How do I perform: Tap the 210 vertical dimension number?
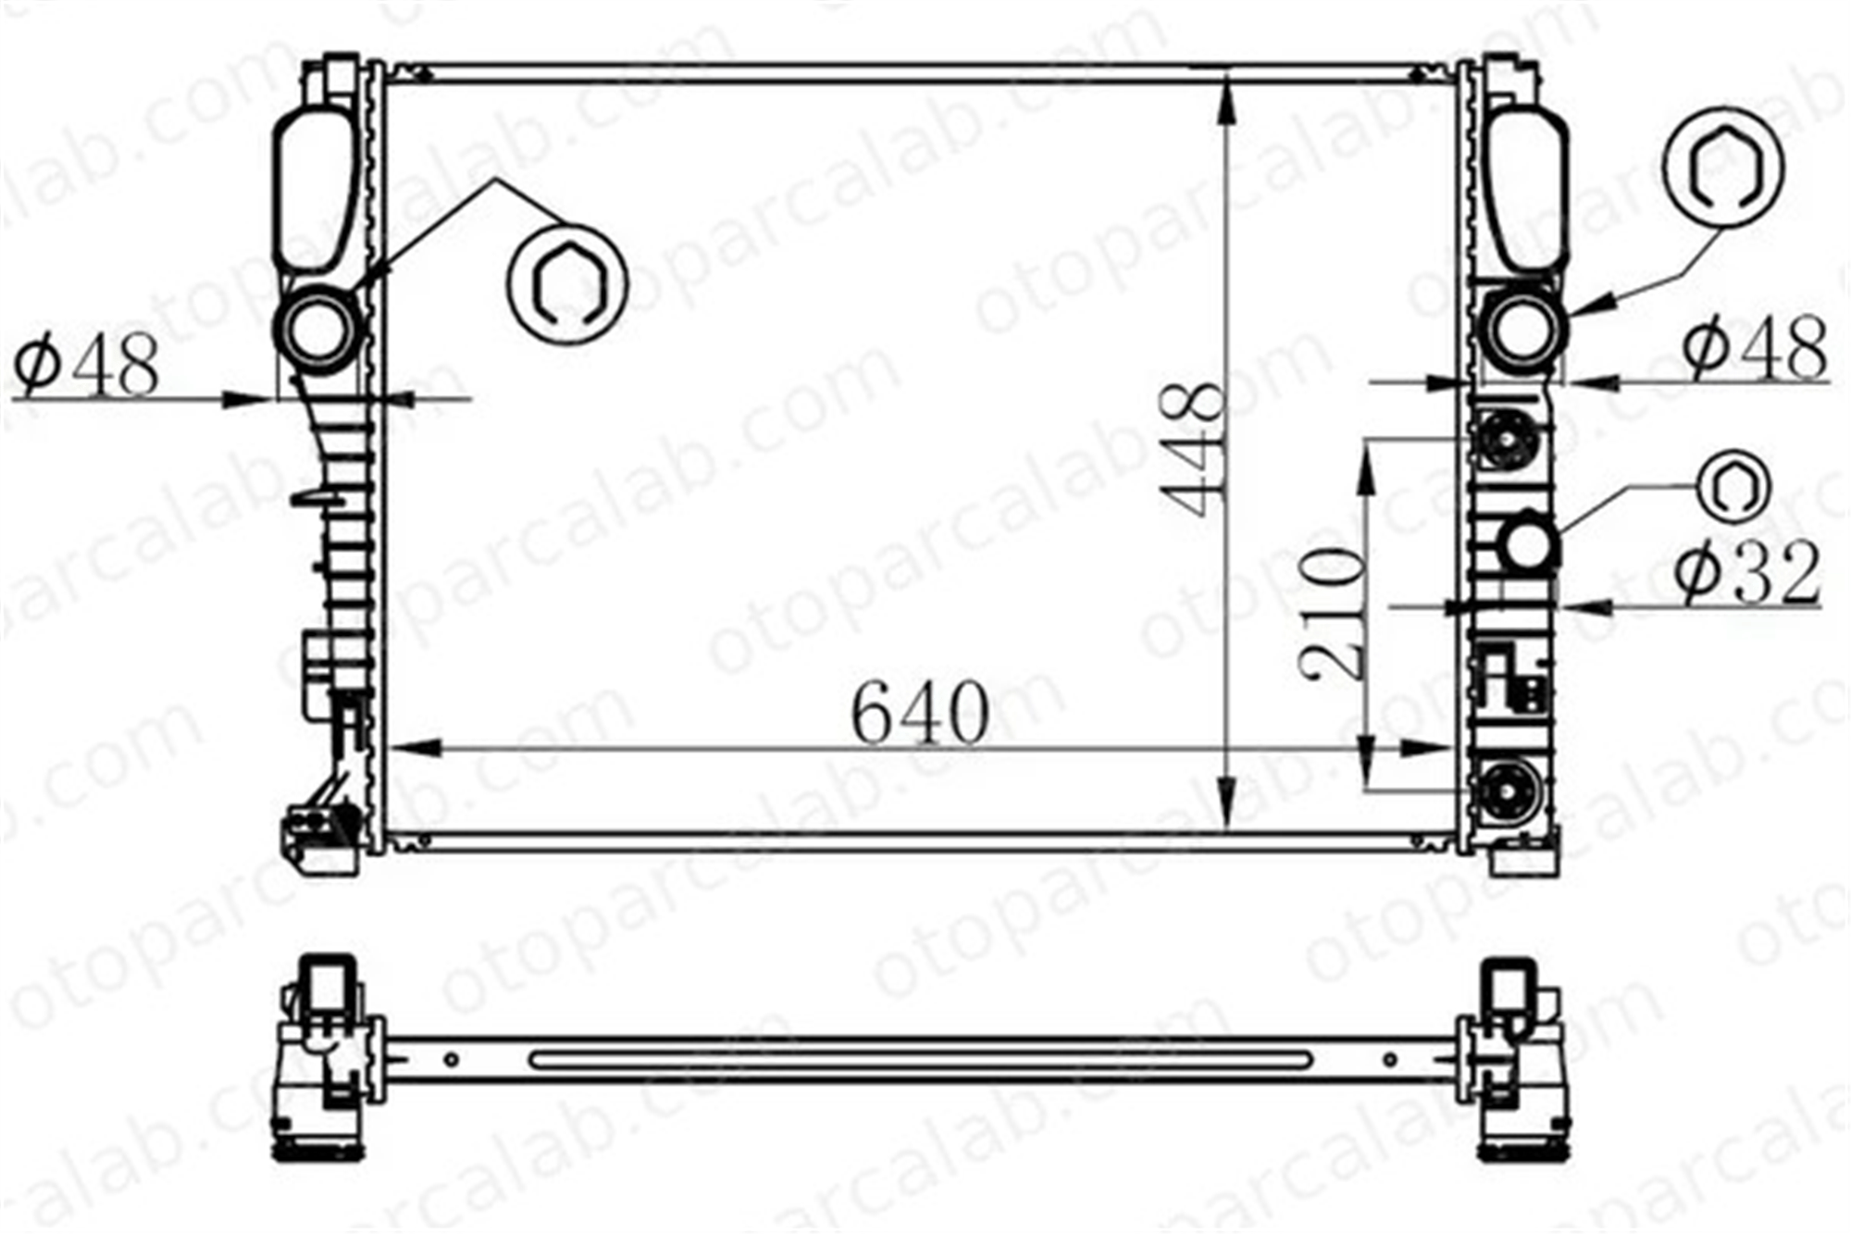coord(1332,613)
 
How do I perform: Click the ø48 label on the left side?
coord(88,365)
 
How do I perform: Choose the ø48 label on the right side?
coord(1754,348)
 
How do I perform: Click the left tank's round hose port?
coord(318,330)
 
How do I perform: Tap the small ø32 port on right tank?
coord(1529,544)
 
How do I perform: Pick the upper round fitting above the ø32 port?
coord(1508,439)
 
